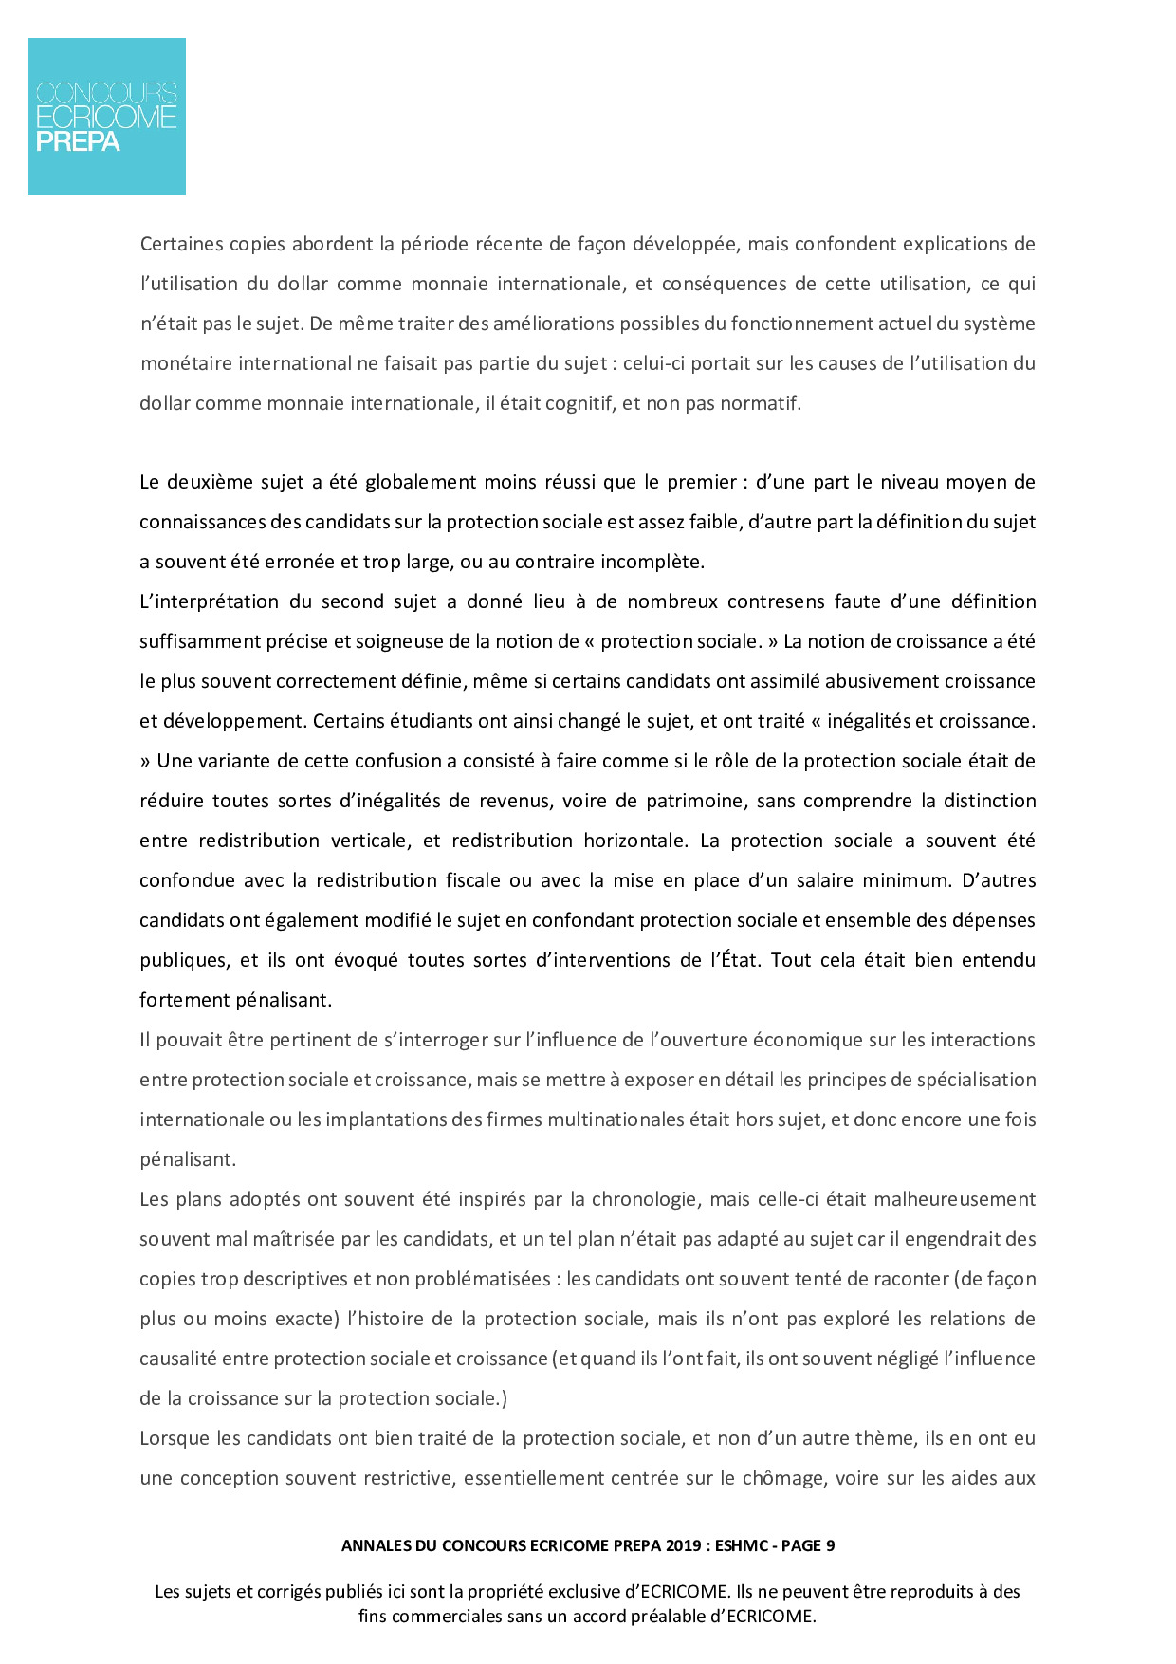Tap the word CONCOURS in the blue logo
tap(106, 93)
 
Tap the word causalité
tap(177, 1359)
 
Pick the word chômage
tap(783, 1478)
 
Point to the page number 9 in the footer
tap(830, 1545)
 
